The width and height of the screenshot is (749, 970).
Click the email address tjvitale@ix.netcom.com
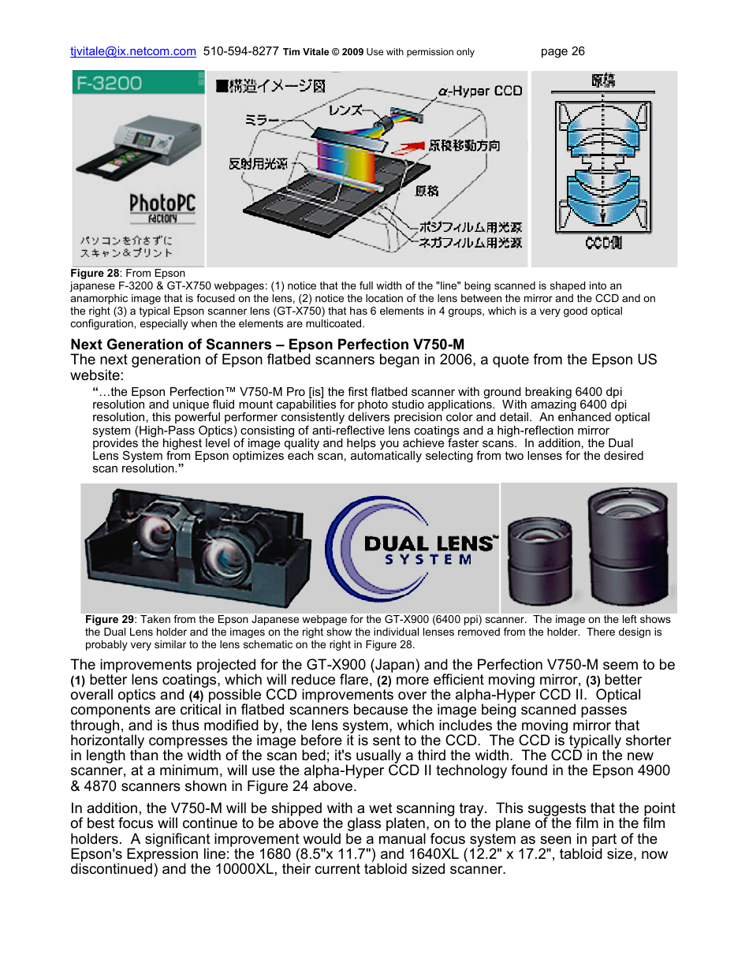point(132,51)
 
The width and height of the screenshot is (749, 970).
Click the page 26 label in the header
point(562,51)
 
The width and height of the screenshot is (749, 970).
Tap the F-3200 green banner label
point(110,83)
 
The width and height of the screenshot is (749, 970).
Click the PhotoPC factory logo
point(162,208)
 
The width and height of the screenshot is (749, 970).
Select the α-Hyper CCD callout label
point(480,91)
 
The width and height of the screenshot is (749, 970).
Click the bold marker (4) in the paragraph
point(196,696)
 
